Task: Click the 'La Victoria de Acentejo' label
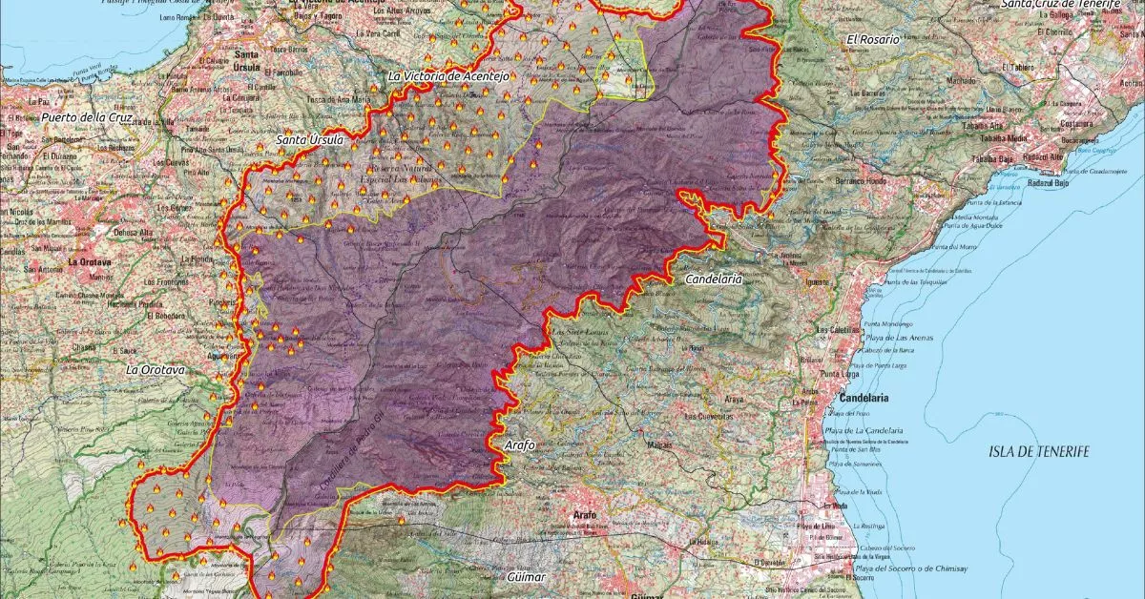[451, 75]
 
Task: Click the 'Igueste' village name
[820, 283]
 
